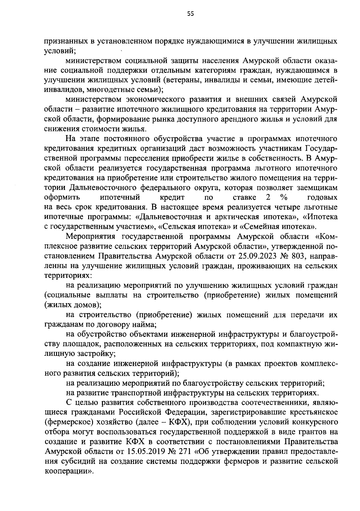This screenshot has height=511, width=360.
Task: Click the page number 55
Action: [190, 13]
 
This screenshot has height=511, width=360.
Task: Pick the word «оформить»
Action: [62, 197]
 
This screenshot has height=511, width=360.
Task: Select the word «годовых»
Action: [322, 197]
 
